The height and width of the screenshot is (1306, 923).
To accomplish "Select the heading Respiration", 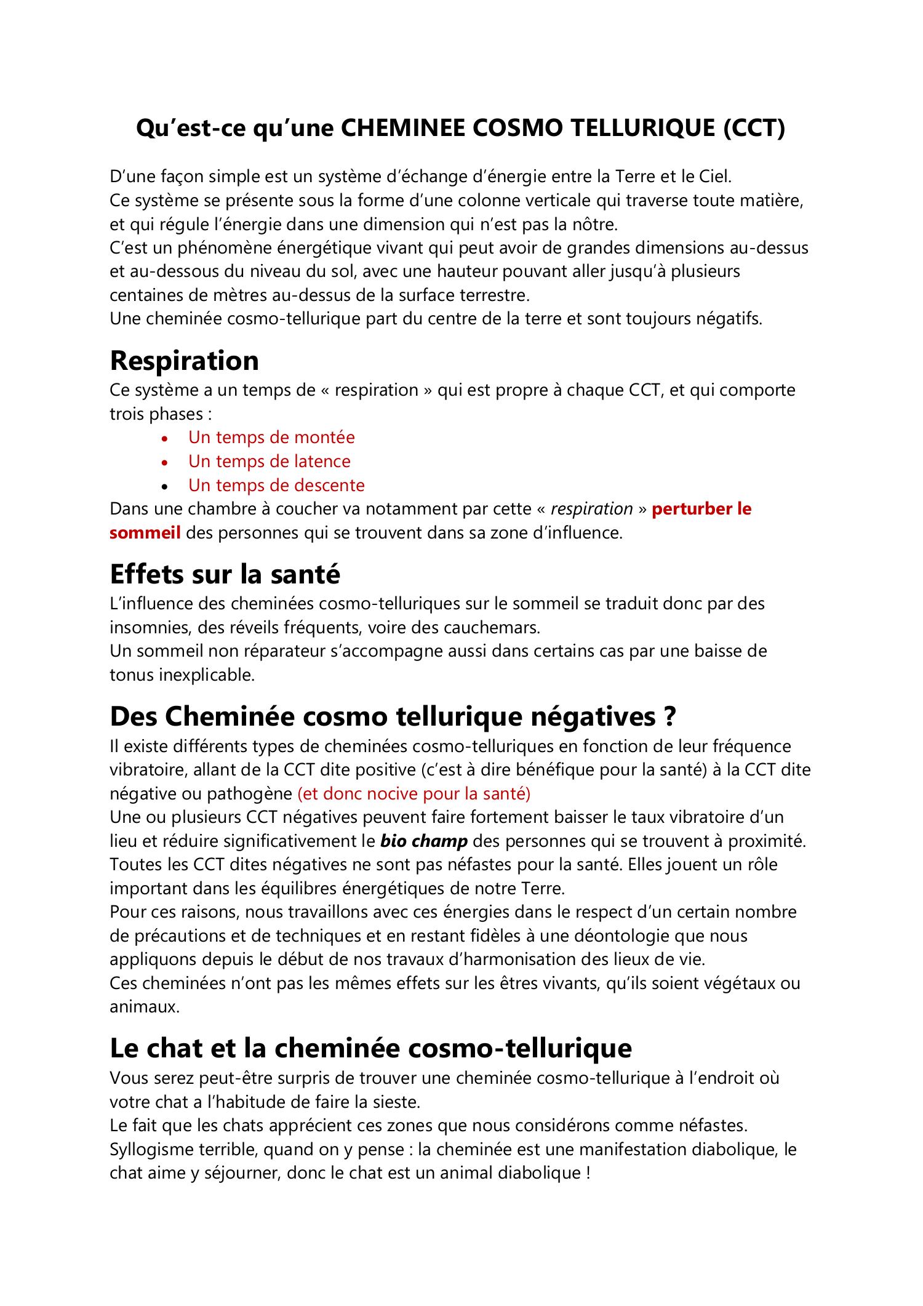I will (184, 361).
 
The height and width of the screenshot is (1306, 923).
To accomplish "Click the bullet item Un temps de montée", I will (271, 438).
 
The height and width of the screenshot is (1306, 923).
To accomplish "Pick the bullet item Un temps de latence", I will (269, 462).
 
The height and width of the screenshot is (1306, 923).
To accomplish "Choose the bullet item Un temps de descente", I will (276, 486).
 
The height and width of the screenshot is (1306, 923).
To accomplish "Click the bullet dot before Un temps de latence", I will (164, 462).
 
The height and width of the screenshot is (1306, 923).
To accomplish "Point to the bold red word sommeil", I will (145, 533).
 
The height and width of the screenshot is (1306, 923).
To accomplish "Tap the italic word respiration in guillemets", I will (591, 509).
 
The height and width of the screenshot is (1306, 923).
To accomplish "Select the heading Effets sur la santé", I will (225, 574).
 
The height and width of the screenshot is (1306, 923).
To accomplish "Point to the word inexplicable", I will (207, 675).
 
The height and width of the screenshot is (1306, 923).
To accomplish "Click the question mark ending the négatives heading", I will (670, 716).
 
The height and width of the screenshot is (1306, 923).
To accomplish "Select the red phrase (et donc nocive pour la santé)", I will (414, 794).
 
